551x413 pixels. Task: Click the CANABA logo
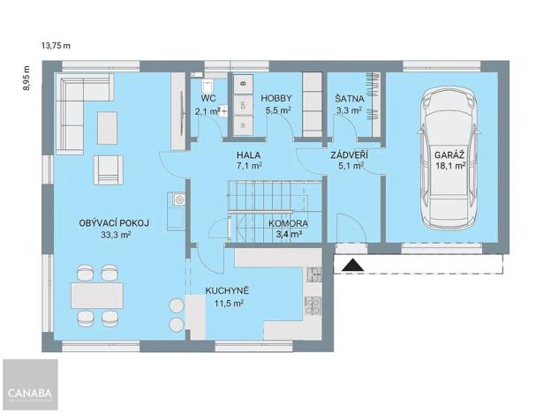tap(29, 393)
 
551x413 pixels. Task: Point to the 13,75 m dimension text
tap(55, 43)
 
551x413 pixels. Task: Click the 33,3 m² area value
tap(116, 236)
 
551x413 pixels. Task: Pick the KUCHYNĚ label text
tap(228, 290)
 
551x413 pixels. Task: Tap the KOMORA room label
tap(288, 224)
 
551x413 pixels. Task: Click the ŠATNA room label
tap(347, 99)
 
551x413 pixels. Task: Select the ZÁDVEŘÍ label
tap(349, 154)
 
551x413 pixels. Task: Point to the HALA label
tap(248, 154)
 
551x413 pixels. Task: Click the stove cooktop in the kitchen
tap(312, 305)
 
